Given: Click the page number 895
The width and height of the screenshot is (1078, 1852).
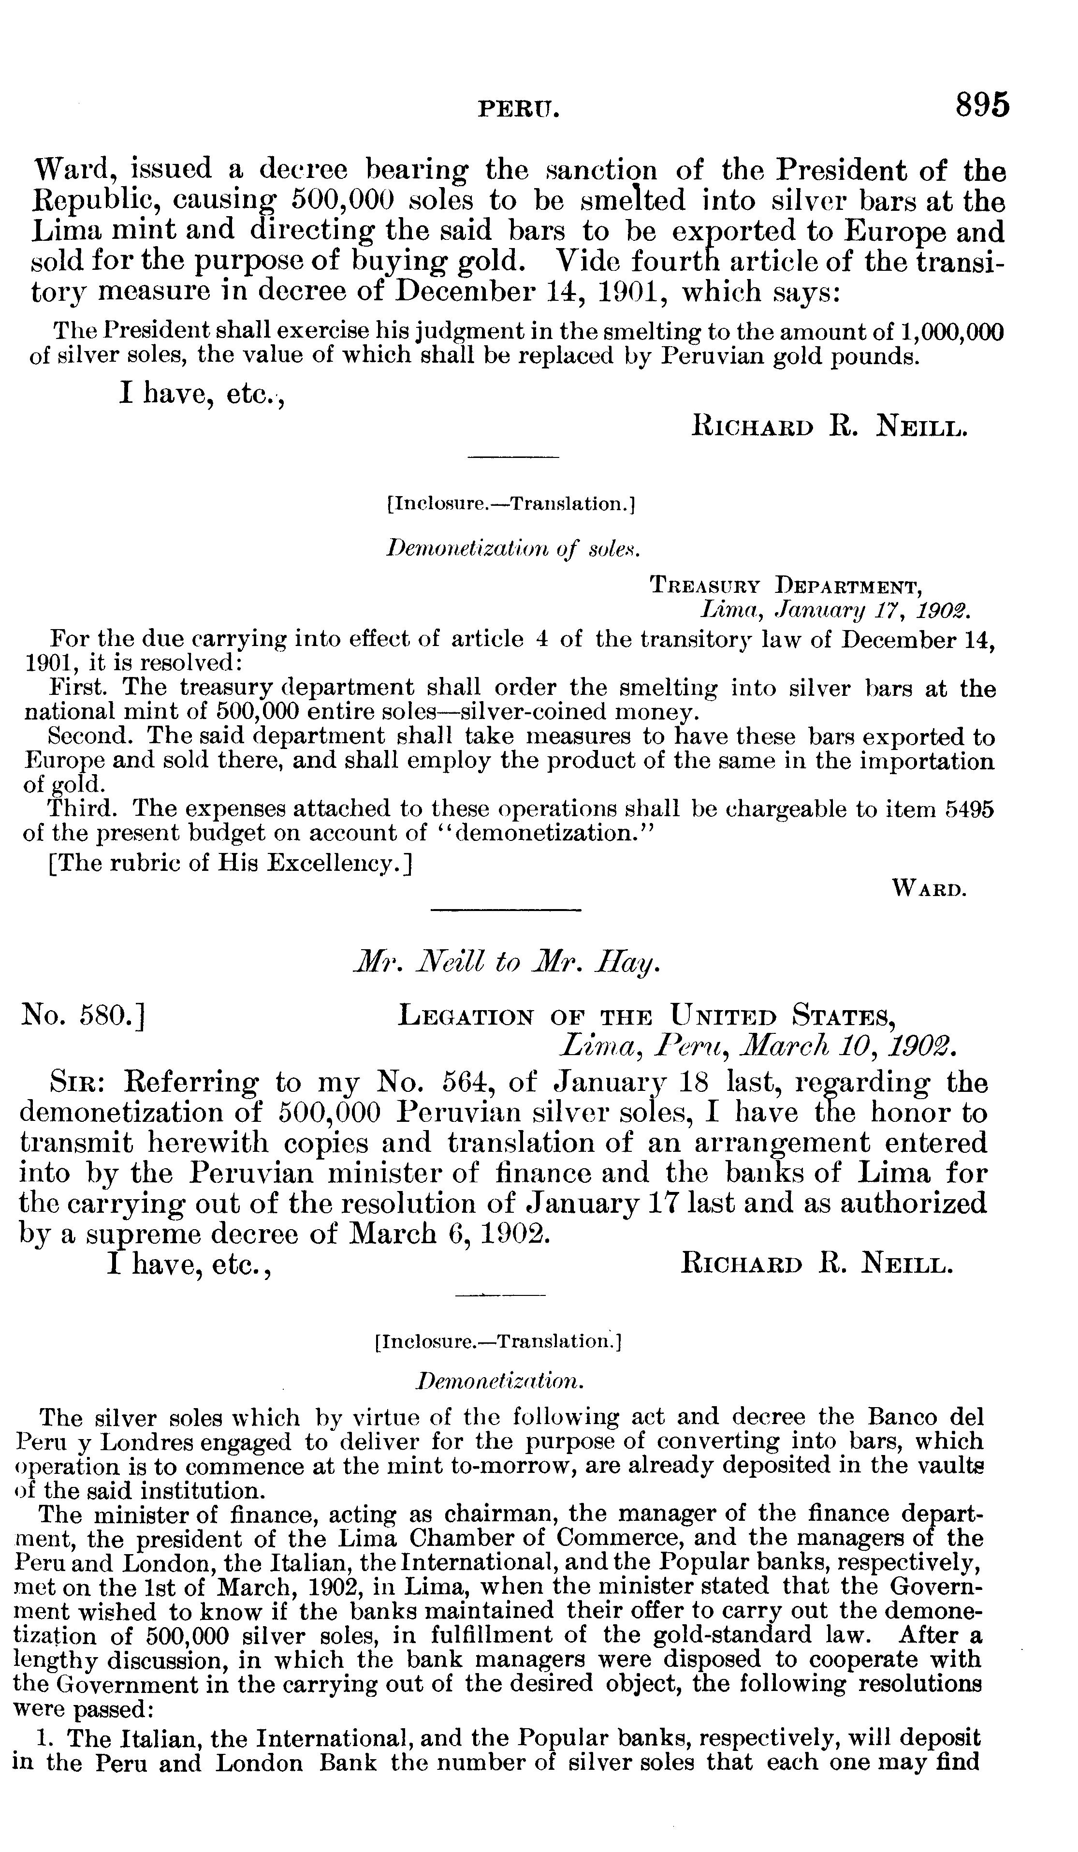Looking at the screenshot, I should [982, 105].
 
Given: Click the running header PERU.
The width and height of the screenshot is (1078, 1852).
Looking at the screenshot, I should [519, 110].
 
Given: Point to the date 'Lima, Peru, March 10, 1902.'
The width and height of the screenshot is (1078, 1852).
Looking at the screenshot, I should [758, 1045].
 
